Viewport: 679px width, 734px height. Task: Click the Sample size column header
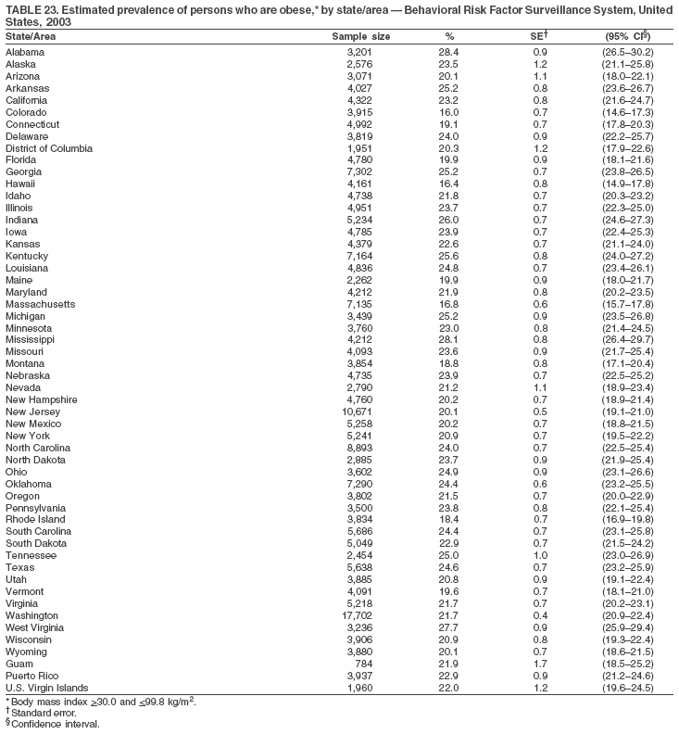[360, 36]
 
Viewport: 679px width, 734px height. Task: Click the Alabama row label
[25, 52]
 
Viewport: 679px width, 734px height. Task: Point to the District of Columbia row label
[49, 148]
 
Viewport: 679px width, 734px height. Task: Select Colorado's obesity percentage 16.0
[448, 112]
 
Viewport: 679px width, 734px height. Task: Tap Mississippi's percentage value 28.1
[448, 339]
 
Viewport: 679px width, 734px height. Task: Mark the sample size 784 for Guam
[361, 664]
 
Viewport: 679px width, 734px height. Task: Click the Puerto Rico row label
[31, 676]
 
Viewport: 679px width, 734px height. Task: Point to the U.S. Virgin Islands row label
[46, 688]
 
